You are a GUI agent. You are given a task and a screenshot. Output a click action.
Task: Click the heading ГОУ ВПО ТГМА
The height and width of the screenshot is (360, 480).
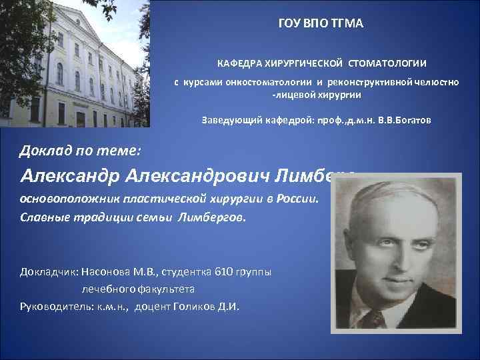pyautogui.click(x=321, y=24)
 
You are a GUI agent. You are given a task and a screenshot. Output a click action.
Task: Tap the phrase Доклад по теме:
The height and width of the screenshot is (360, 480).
pyautogui.click(x=79, y=149)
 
